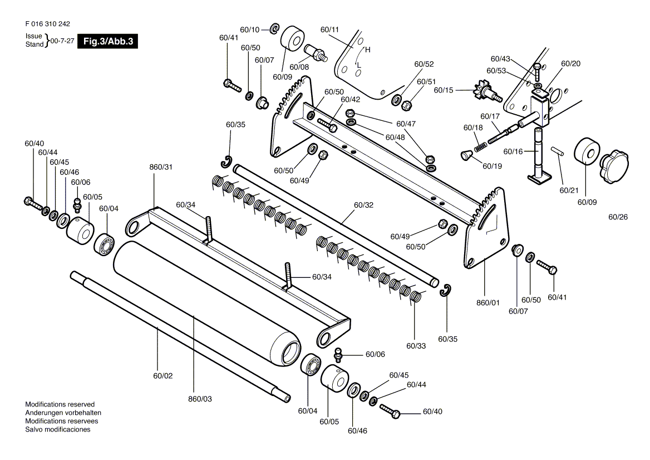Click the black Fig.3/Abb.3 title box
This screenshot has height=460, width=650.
(107, 41)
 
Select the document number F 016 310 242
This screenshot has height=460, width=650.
(48, 24)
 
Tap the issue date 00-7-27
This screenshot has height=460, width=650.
(62, 41)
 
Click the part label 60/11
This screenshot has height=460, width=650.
(329, 30)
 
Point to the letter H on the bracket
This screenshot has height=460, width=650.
(368, 50)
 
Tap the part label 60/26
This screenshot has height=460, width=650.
(618, 217)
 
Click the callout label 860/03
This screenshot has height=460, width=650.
(200, 399)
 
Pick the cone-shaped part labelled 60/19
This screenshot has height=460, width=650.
(467, 155)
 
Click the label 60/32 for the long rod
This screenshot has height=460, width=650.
(363, 205)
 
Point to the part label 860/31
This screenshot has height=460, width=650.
(161, 167)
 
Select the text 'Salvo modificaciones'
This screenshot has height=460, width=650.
(58, 429)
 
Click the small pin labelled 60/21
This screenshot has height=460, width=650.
(557, 151)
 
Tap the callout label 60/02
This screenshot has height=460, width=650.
(163, 376)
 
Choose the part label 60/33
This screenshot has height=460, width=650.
(416, 346)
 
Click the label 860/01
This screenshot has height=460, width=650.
(488, 302)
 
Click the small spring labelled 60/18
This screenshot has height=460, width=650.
(481, 146)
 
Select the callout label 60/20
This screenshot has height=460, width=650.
(571, 63)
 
